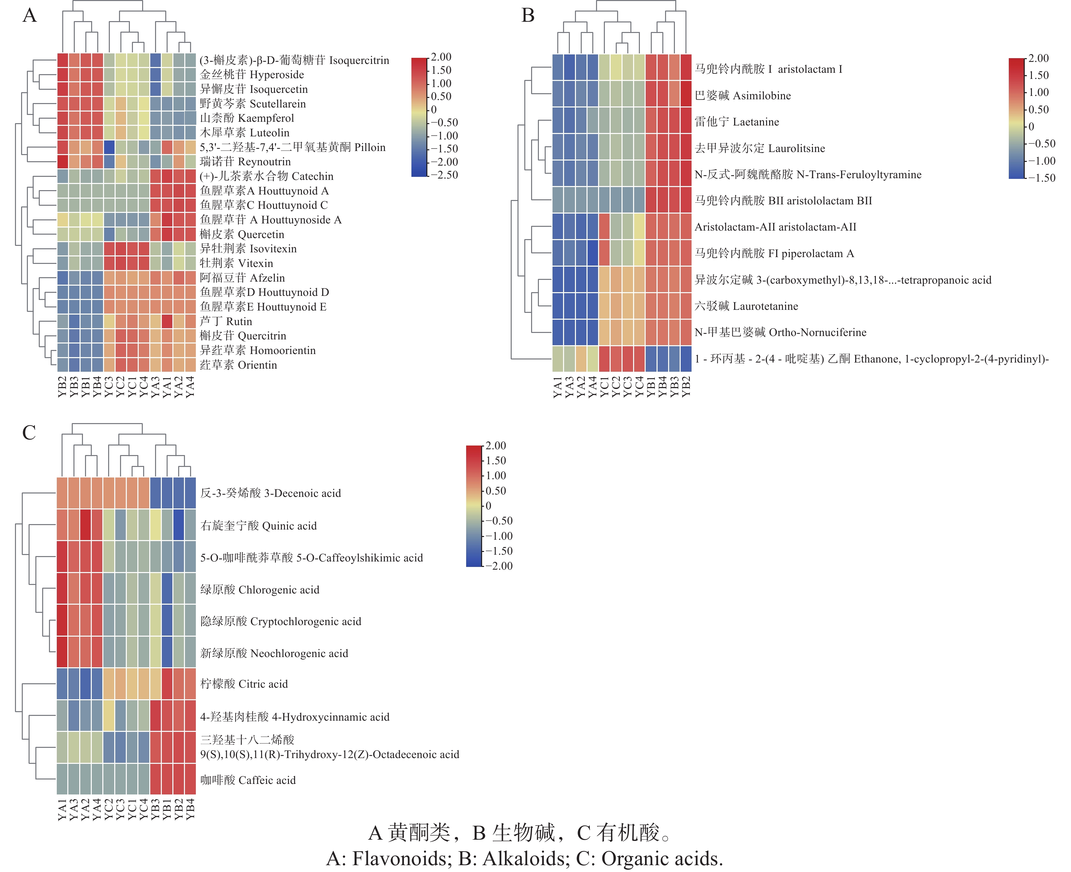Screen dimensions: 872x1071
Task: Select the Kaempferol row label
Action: (x=247, y=118)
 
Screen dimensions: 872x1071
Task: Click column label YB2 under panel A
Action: (x=62, y=387)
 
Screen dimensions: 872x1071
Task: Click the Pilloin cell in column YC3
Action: (x=109, y=147)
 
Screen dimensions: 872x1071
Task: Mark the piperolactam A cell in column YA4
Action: (x=593, y=253)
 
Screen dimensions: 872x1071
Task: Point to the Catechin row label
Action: (x=266, y=176)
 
